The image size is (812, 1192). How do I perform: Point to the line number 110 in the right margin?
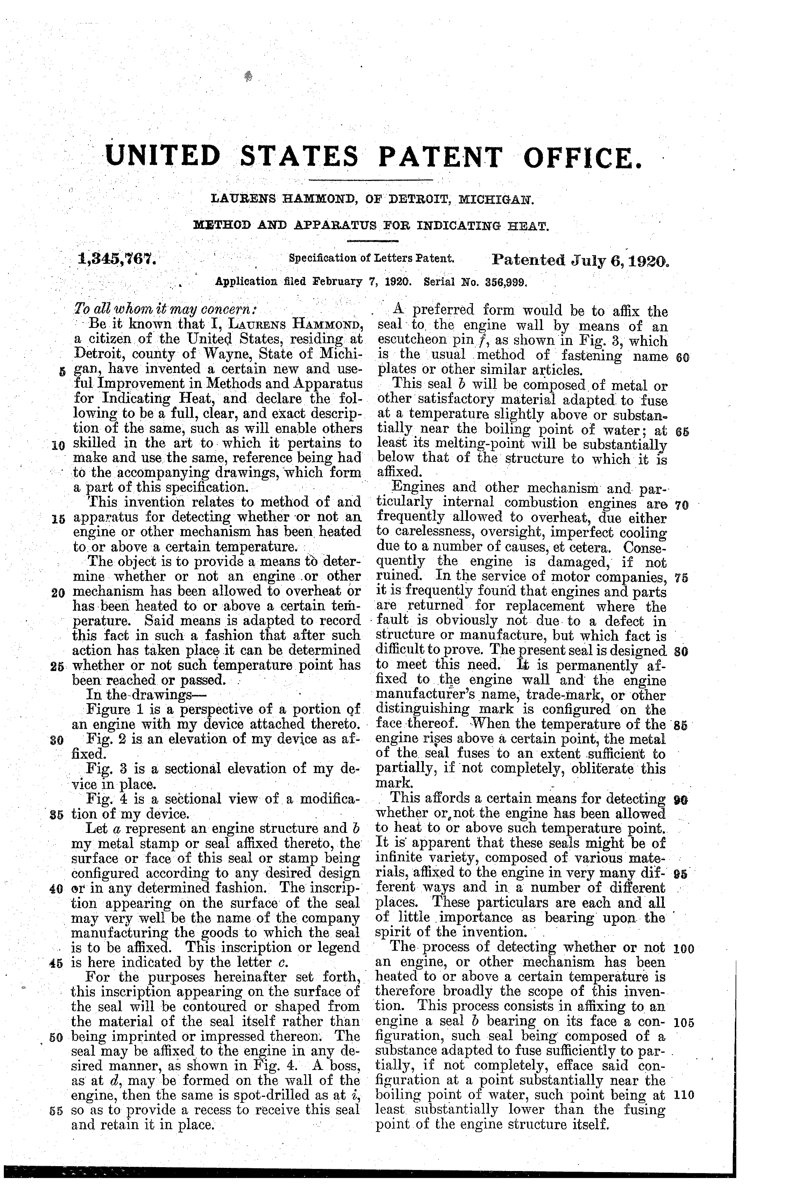pos(684,1096)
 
